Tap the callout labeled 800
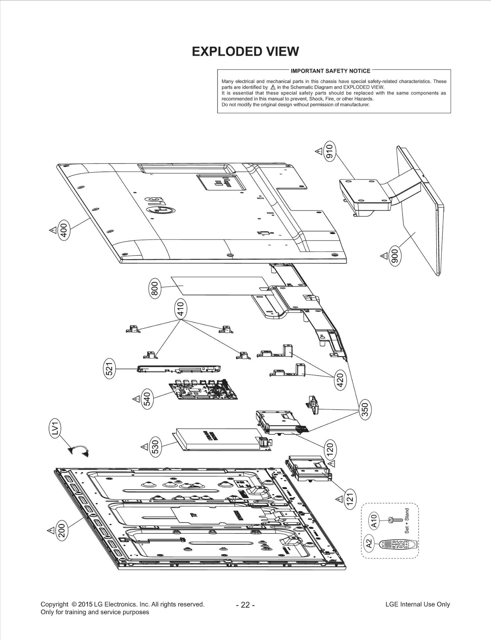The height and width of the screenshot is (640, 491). click(155, 288)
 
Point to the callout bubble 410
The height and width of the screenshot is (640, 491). click(181, 309)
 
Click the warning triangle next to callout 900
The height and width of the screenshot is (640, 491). click(384, 256)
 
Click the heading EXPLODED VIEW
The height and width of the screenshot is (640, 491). click(245, 51)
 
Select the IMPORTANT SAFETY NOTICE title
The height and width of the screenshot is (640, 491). click(330, 71)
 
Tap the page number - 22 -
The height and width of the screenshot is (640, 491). click(245, 605)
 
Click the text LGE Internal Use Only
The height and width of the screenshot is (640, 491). click(417, 604)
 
